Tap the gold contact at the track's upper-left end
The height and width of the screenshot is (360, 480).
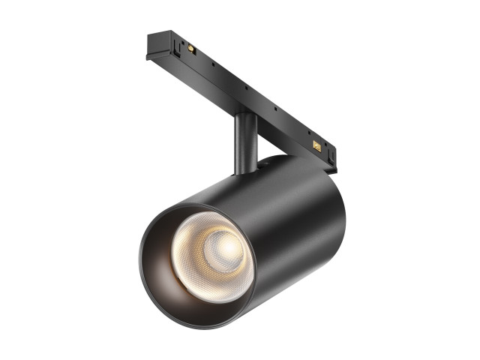192,49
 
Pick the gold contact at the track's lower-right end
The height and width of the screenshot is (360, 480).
316,146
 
